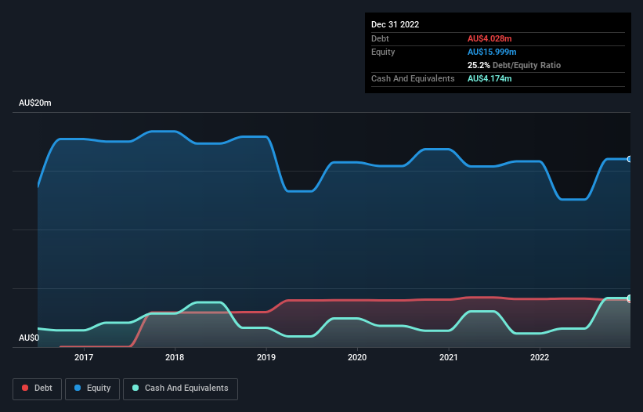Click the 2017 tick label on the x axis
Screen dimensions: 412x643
[x=84, y=357]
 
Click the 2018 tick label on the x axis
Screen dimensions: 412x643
[x=175, y=357]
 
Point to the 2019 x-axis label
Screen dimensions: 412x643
[x=266, y=357]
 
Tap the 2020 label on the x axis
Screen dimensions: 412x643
[x=357, y=357]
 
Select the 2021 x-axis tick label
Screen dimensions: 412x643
[x=449, y=357]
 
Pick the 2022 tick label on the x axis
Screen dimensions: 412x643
[x=540, y=357]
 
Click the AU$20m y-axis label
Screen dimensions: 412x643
[x=35, y=103]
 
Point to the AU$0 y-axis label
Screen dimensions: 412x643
[x=29, y=338]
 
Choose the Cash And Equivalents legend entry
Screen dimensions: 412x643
[x=180, y=389]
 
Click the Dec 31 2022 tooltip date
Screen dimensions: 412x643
[x=396, y=24]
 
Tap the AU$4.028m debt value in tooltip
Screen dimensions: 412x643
[x=490, y=38]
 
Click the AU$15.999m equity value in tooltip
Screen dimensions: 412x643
[x=493, y=52]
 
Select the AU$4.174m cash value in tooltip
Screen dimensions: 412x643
[x=490, y=78]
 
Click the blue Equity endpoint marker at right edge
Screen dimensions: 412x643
[x=629, y=159]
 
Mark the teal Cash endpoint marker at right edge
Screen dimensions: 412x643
[x=629, y=298]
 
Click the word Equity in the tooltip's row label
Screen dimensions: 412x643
[x=383, y=52]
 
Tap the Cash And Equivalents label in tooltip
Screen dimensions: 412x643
[x=413, y=78]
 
